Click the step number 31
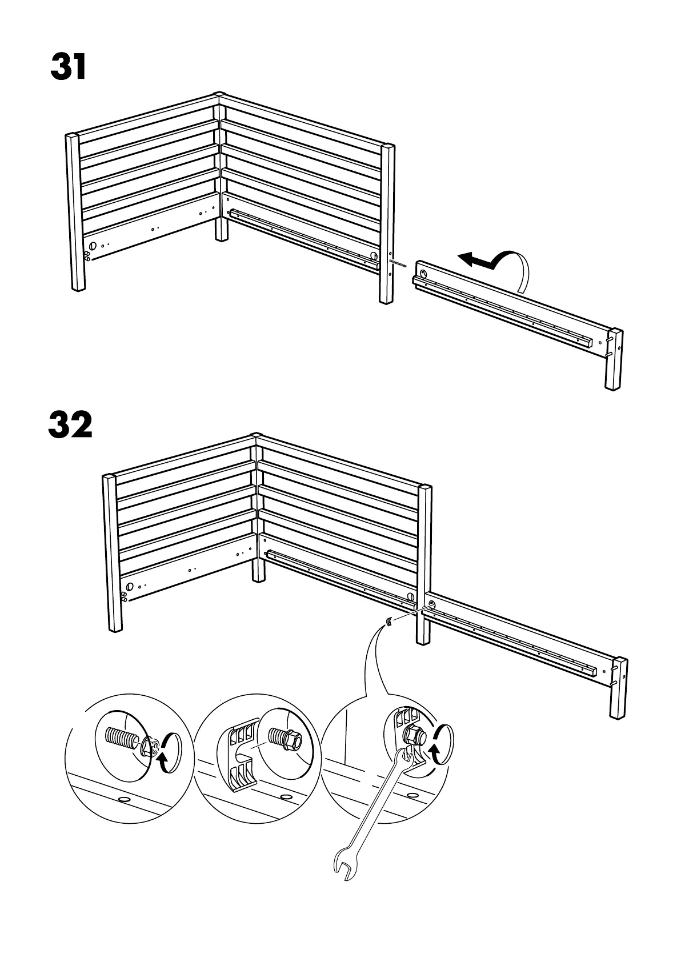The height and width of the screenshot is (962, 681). coord(69,67)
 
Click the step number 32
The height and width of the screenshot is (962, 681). coord(70,426)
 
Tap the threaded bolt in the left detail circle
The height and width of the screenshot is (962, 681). coord(121,740)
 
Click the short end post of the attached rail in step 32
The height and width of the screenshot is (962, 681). coord(619,688)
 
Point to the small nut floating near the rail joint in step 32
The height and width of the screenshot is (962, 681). coord(388,622)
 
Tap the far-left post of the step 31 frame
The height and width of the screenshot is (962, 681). coord(75,211)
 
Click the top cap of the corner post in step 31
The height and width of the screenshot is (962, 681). coord(218,94)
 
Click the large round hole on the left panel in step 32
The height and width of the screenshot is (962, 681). coord(130,586)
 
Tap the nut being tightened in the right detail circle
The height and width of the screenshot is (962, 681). coord(412,736)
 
